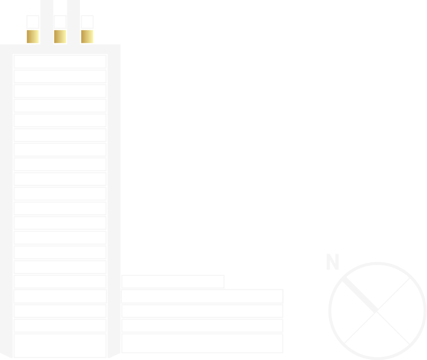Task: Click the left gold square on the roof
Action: point(32,37)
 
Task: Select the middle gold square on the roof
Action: point(60,37)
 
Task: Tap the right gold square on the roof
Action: point(87,37)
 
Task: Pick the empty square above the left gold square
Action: point(32,22)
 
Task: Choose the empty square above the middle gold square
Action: point(60,22)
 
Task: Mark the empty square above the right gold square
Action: point(87,22)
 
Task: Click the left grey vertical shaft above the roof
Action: point(47,22)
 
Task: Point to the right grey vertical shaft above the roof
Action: point(73,22)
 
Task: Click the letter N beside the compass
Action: point(333,262)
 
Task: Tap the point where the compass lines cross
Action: point(377,311)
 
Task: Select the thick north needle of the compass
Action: point(360,295)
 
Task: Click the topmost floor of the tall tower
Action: point(60,61)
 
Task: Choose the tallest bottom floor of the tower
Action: point(60,346)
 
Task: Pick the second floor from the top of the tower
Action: point(60,76)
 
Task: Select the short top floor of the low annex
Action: point(173,281)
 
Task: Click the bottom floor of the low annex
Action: point(202,343)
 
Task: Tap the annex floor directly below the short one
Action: point(202,296)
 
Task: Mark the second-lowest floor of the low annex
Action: point(202,325)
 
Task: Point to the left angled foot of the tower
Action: point(6,355)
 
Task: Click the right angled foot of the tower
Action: point(114,355)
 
